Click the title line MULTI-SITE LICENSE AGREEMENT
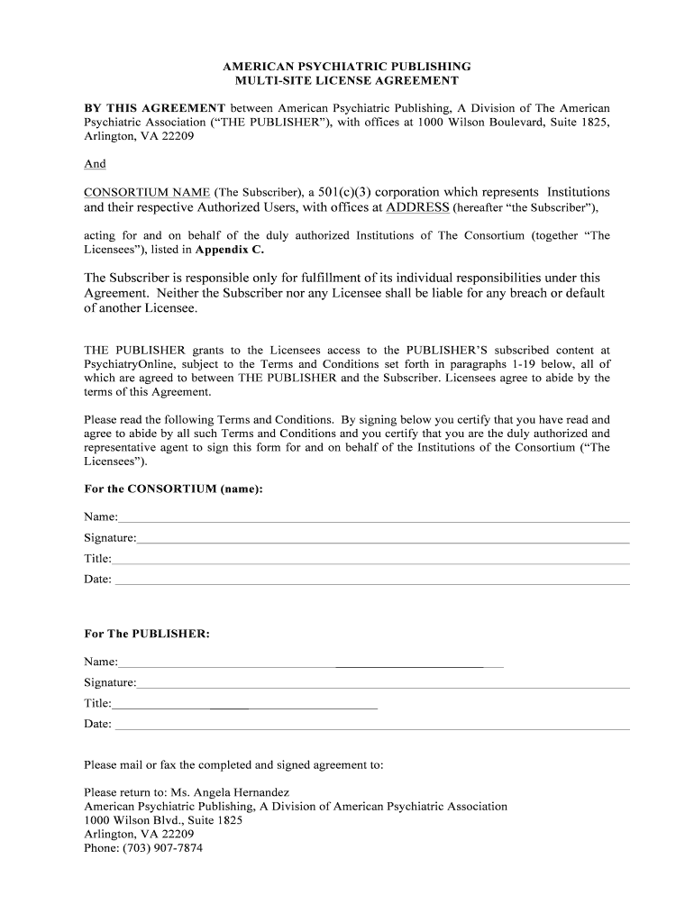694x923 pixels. (x=347, y=81)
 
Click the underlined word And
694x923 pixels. (x=95, y=164)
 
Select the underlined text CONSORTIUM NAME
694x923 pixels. (x=147, y=192)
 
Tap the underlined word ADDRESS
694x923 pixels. (x=417, y=207)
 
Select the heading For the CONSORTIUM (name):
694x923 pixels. (x=173, y=489)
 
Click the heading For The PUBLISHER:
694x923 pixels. (x=147, y=634)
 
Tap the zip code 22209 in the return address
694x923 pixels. (x=176, y=835)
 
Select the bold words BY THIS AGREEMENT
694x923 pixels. (x=154, y=108)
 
